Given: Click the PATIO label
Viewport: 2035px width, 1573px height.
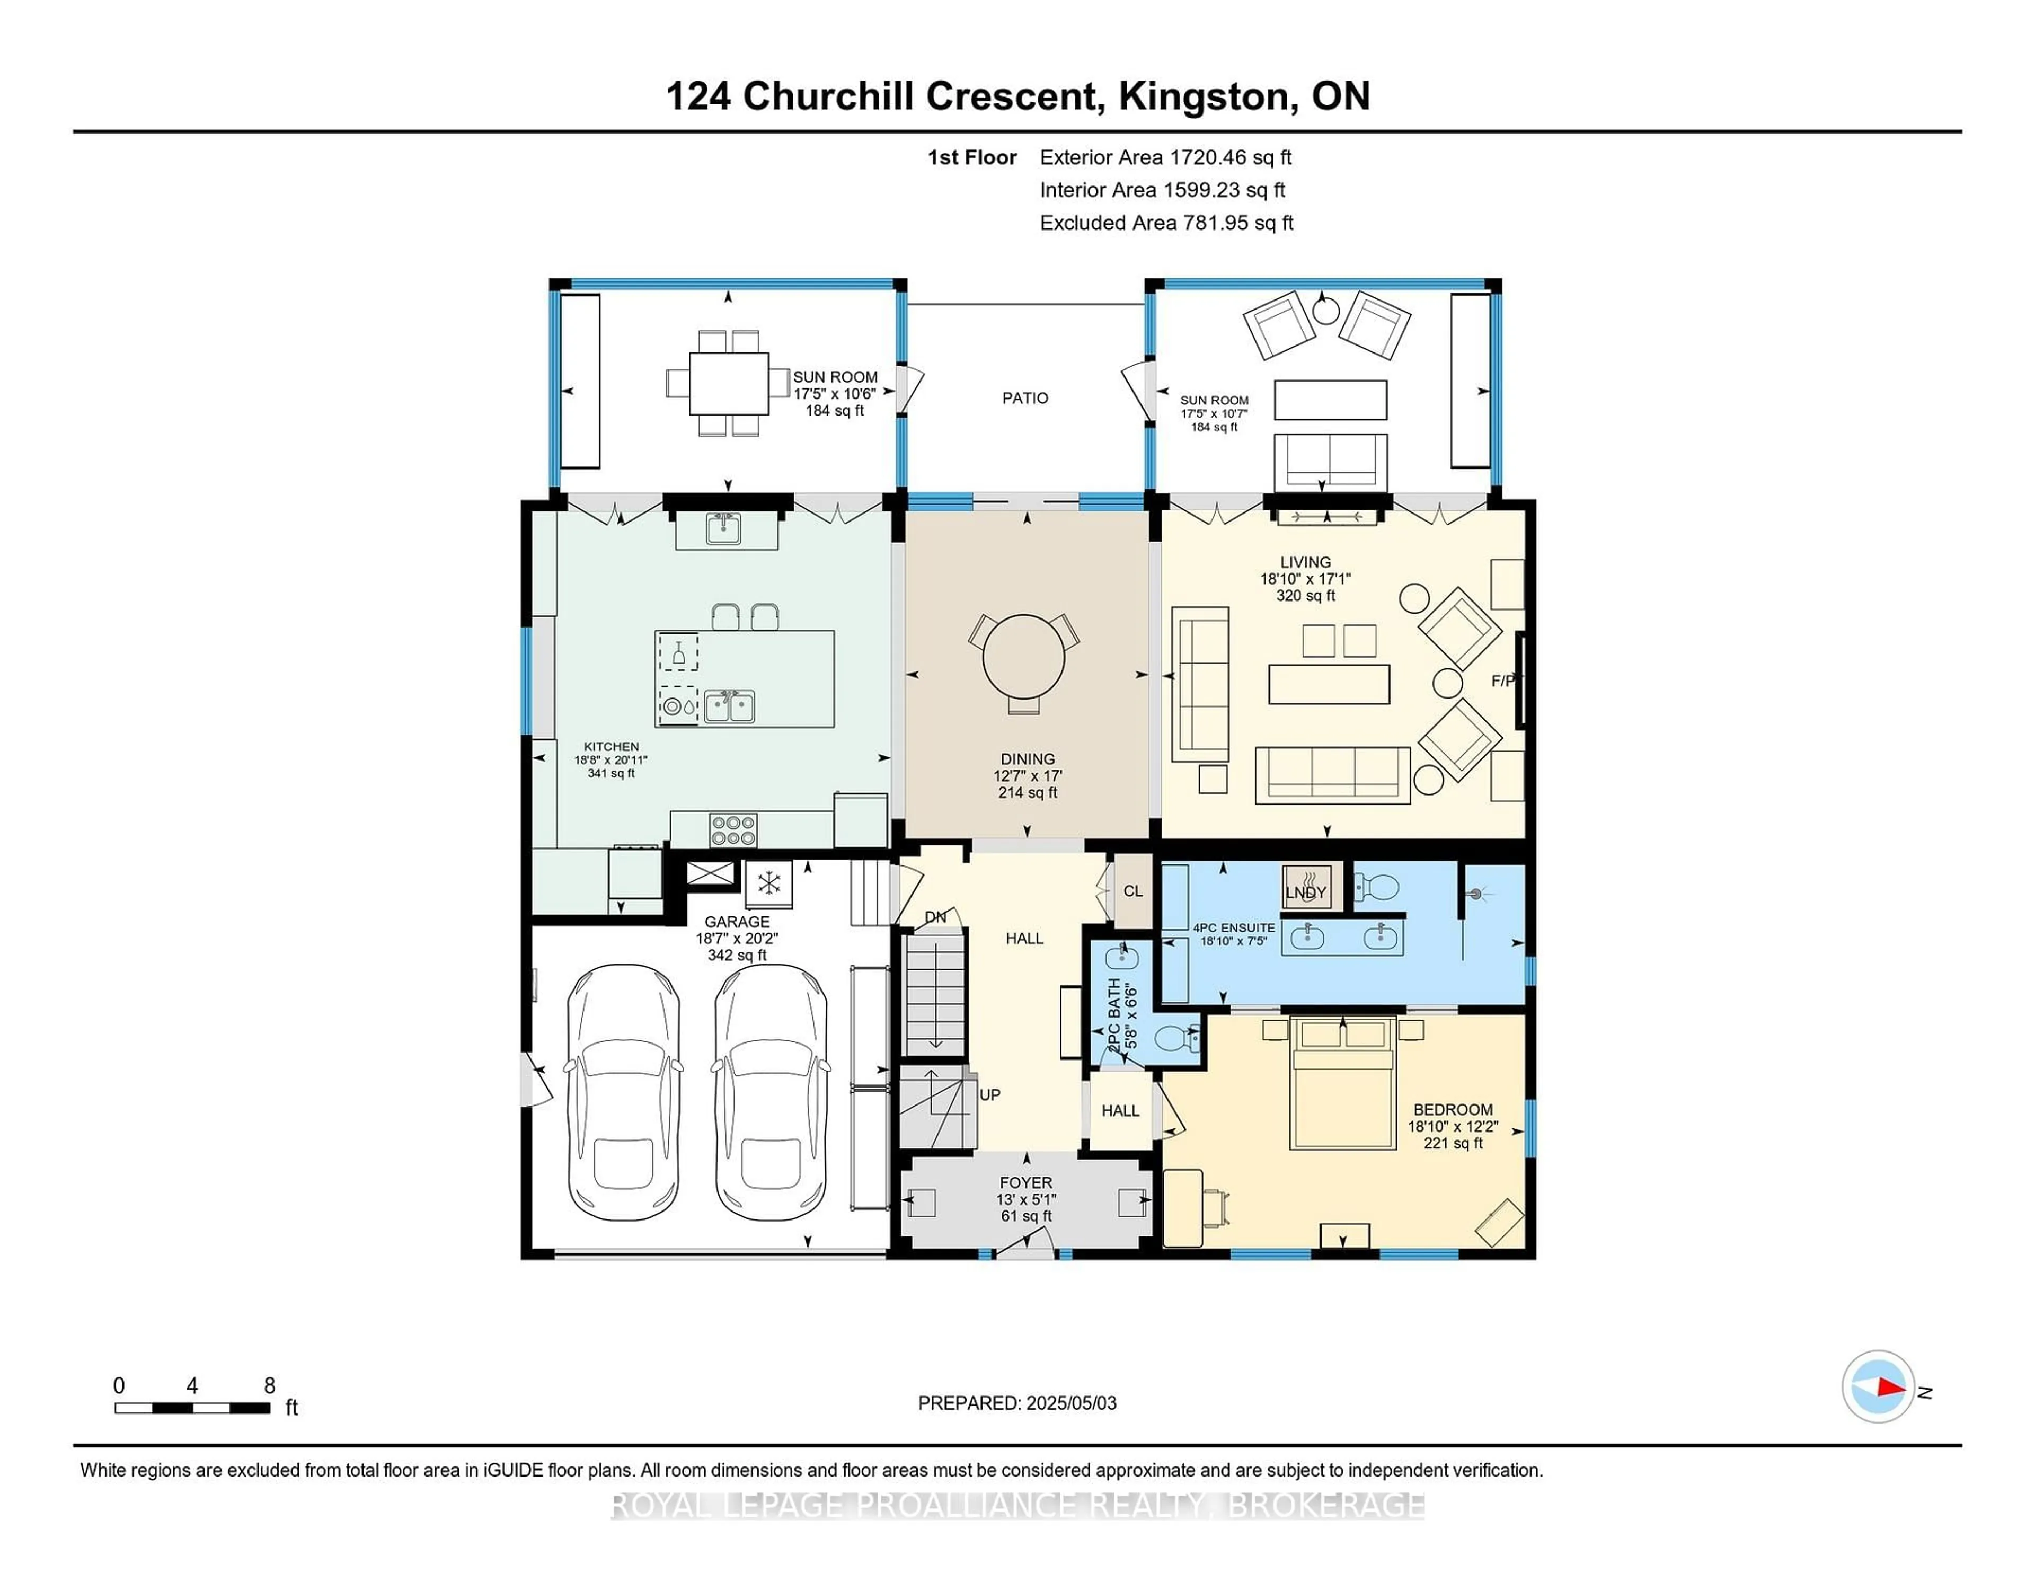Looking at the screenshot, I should click(x=1025, y=398).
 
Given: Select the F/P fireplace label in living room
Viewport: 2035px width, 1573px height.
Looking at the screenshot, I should click(x=1502, y=681).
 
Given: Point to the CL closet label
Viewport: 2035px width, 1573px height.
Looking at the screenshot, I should click(x=1132, y=891).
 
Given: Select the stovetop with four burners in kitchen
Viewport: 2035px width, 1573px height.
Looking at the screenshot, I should click(x=733, y=829).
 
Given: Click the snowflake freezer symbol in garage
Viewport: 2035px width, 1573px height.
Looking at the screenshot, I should click(x=769, y=882).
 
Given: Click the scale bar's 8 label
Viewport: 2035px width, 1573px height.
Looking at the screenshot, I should click(x=269, y=1386).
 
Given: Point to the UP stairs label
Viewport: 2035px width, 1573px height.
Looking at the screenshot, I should click(x=989, y=1095).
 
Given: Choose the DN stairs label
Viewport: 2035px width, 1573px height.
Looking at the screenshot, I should click(x=935, y=918).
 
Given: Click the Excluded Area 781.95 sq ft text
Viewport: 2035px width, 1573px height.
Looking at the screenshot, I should click(x=1166, y=223).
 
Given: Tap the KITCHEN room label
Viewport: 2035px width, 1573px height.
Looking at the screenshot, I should click(x=611, y=746).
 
